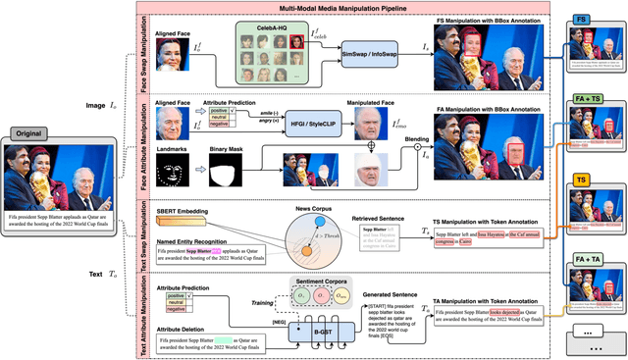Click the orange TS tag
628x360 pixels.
pos(582,180)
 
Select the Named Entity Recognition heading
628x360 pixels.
pos(198,240)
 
